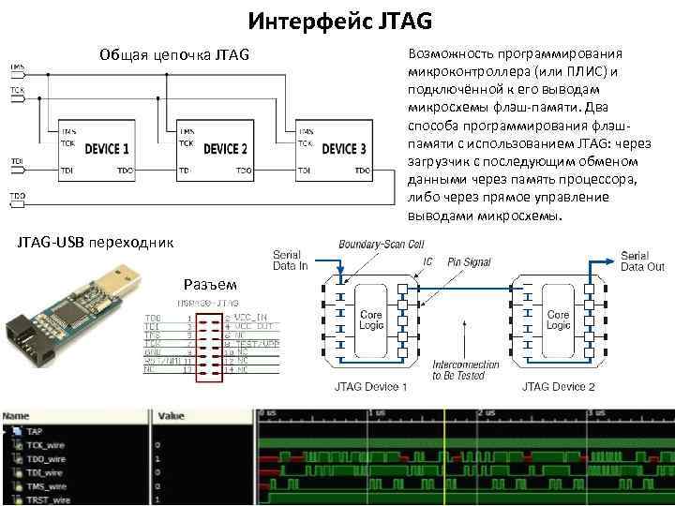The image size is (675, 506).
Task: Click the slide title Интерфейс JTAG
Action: (340, 20)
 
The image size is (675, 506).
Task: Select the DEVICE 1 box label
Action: (107, 149)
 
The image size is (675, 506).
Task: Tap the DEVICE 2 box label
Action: (225, 149)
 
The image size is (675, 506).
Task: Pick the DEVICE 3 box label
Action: (344, 149)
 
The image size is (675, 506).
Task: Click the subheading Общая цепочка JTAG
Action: (174, 55)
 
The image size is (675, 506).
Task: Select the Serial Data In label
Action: (290, 260)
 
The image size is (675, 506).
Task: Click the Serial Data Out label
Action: (642, 260)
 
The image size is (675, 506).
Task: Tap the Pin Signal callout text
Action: (469, 262)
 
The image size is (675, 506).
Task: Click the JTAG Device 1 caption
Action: (371, 387)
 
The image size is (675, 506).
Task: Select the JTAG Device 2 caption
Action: (559, 387)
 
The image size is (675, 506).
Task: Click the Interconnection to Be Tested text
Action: (467, 370)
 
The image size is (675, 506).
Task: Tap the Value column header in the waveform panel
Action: (172, 415)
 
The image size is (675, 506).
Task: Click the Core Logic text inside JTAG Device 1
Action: (371, 320)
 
